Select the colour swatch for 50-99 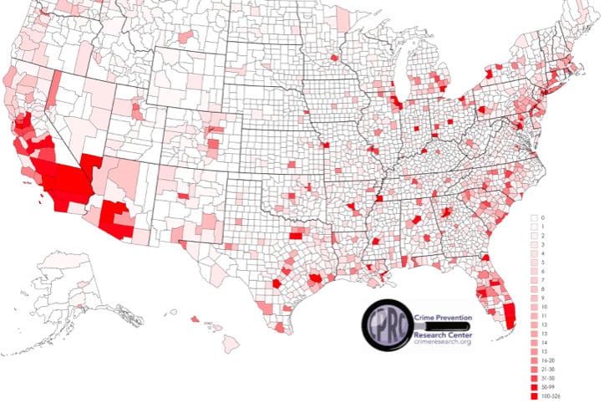tap(534, 391)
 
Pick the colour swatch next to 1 tap(534, 227)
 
